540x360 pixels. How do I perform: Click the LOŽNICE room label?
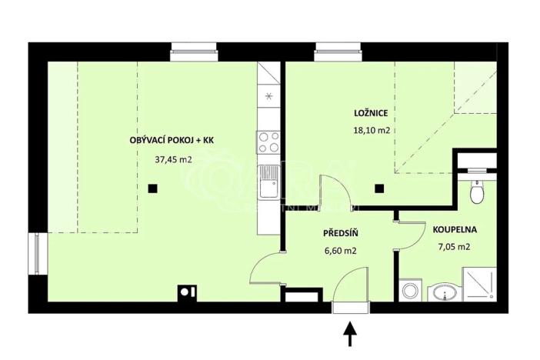(369, 113)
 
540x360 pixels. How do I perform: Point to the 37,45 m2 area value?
(173, 160)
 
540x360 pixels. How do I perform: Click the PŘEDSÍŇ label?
(338, 232)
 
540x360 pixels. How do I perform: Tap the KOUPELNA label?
(455, 228)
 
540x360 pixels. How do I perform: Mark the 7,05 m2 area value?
(453, 247)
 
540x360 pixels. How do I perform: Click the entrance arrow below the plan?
(349, 333)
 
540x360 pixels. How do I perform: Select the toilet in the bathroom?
(478, 191)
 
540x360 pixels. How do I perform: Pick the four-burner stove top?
(268, 142)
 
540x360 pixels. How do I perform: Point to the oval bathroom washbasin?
(443, 292)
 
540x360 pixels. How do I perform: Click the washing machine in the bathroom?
(410, 292)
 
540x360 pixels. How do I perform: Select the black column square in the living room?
(153, 188)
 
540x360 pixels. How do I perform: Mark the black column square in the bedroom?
(378, 188)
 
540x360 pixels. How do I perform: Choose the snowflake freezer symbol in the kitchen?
(268, 96)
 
